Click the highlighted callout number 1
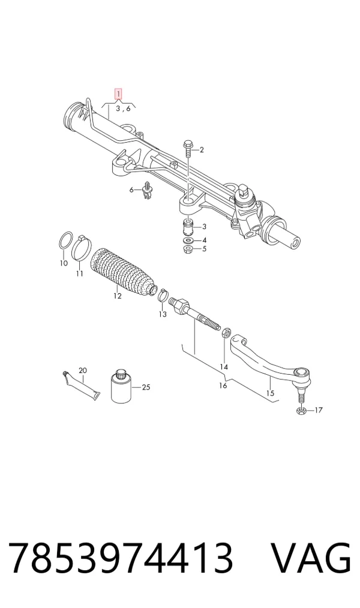[x=118, y=94]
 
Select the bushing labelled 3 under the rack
[x=188, y=227]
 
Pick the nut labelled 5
[x=188, y=249]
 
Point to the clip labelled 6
[x=146, y=191]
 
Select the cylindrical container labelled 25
[x=121, y=386]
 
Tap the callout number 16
[x=223, y=386]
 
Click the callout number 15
[x=270, y=393]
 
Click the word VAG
[x=311, y=558]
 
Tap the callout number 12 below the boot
[x=118, y=296]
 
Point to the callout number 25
[x=146, y=387]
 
